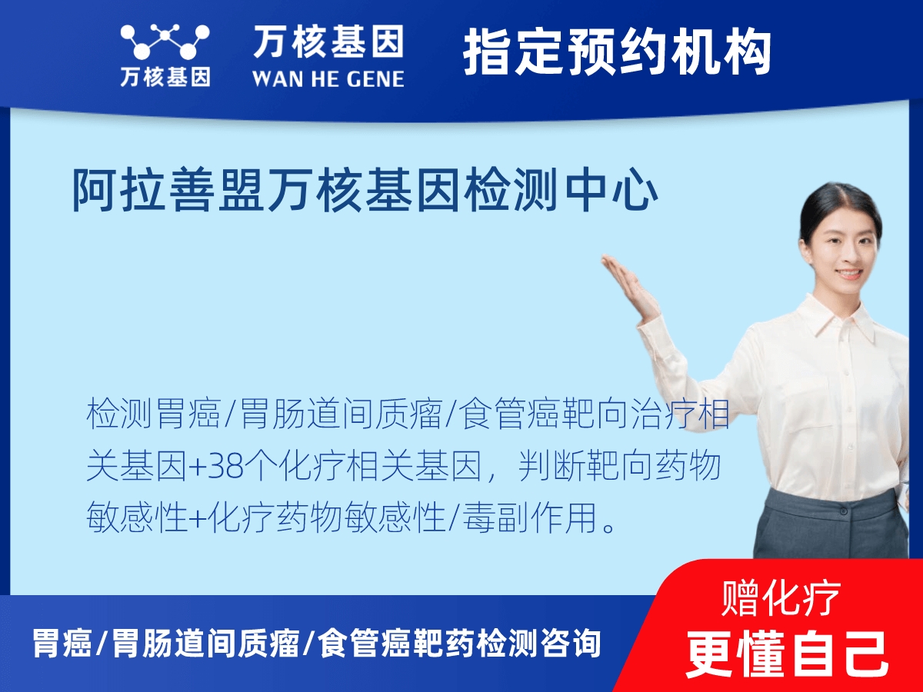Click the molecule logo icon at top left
tap(165, 42)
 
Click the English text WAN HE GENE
tap(328, 78)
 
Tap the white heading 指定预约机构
tap(617, 52)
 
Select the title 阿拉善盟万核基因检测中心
tap(365, 191)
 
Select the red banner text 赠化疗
tap(781, 597)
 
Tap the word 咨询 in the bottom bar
tap(576, 643)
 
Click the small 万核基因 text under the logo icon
tap(165, 77)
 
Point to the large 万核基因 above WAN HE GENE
tap(328, 42)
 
